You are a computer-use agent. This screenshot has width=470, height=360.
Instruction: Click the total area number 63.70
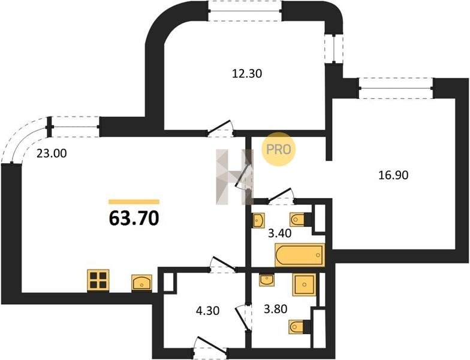click(134, 218)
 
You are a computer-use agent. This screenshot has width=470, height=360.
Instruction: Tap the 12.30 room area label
click(247, 73)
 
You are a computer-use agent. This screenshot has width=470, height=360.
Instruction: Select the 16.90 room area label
click(393, 175)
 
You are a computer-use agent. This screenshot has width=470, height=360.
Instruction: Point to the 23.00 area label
click(52, 154)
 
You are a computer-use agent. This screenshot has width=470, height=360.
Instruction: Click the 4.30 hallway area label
click(207, 310)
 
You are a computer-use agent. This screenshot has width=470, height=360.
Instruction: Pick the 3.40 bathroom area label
click(279, 233)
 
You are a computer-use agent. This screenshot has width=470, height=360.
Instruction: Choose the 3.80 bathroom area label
click(276, 308)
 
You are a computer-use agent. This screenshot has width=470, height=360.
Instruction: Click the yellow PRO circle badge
click(279, 149)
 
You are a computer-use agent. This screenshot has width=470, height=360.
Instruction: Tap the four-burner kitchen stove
click(98, 280)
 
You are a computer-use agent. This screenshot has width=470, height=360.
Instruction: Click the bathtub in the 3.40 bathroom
click(300, 255)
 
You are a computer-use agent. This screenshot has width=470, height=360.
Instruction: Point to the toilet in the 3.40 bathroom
click(300, 220)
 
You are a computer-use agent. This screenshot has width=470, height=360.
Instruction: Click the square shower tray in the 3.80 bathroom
click(304, 284)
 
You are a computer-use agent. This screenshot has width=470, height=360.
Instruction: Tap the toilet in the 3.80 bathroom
click(299, 326)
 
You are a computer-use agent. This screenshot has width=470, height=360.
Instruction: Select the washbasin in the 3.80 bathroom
click(266, 280)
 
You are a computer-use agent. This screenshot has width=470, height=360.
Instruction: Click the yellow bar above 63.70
click(134, 202)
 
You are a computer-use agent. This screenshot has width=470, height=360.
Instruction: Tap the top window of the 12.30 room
click(246, 11)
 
